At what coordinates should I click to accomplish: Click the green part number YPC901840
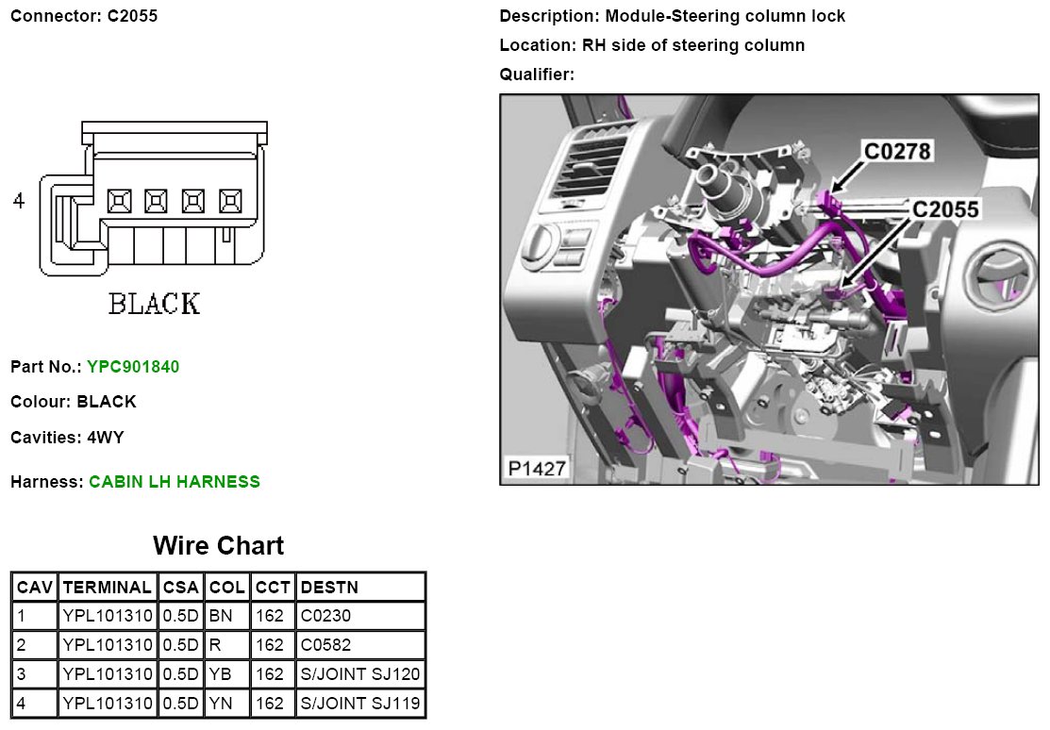click(x=133, y=367)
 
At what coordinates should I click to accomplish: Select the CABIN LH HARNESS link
click(x=175, y=482)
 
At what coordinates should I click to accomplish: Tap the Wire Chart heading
click(x=218, y=545)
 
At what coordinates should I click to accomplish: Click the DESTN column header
click(x=329, y=588)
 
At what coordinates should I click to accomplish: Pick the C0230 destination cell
click(x=325, y=616)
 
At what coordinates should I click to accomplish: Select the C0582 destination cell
click(x=325, y=645)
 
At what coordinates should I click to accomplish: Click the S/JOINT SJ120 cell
click(x=360, y=673)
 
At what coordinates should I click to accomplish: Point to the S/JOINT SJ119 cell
click(x=360, y=704)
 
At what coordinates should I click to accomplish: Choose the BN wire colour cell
click(x=221, y=616)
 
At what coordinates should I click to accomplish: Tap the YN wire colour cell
click(x=221, y=704)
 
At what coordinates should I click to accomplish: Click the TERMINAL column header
click(x=108, y=588)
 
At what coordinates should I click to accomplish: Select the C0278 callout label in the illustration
click(x=897, y=151)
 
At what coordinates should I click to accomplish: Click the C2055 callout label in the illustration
click(x=945, y=209)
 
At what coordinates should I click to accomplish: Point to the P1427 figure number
click(x=537, y=468)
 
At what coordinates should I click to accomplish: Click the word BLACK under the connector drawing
click(x=155, y=304)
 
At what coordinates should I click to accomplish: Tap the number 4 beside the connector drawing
click(x=19, y=200)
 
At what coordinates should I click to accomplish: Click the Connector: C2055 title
click(x=84, y=16)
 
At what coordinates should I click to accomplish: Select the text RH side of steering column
click(x=693, y=45)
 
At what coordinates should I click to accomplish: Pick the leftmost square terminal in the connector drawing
click(x=119, y=201)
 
